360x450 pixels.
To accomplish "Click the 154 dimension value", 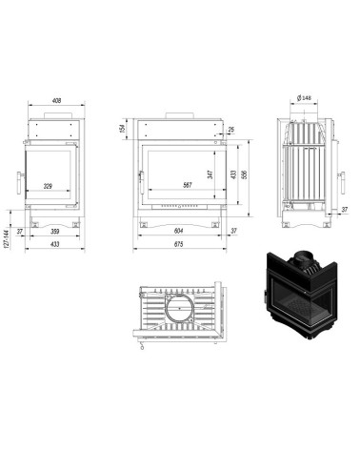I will click(x=124, y=130).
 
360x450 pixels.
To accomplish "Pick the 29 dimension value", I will click(x=230, y=131).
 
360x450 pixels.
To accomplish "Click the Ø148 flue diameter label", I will click(x=306, y=98).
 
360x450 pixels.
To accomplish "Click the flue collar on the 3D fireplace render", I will click(x=304, y=257).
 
